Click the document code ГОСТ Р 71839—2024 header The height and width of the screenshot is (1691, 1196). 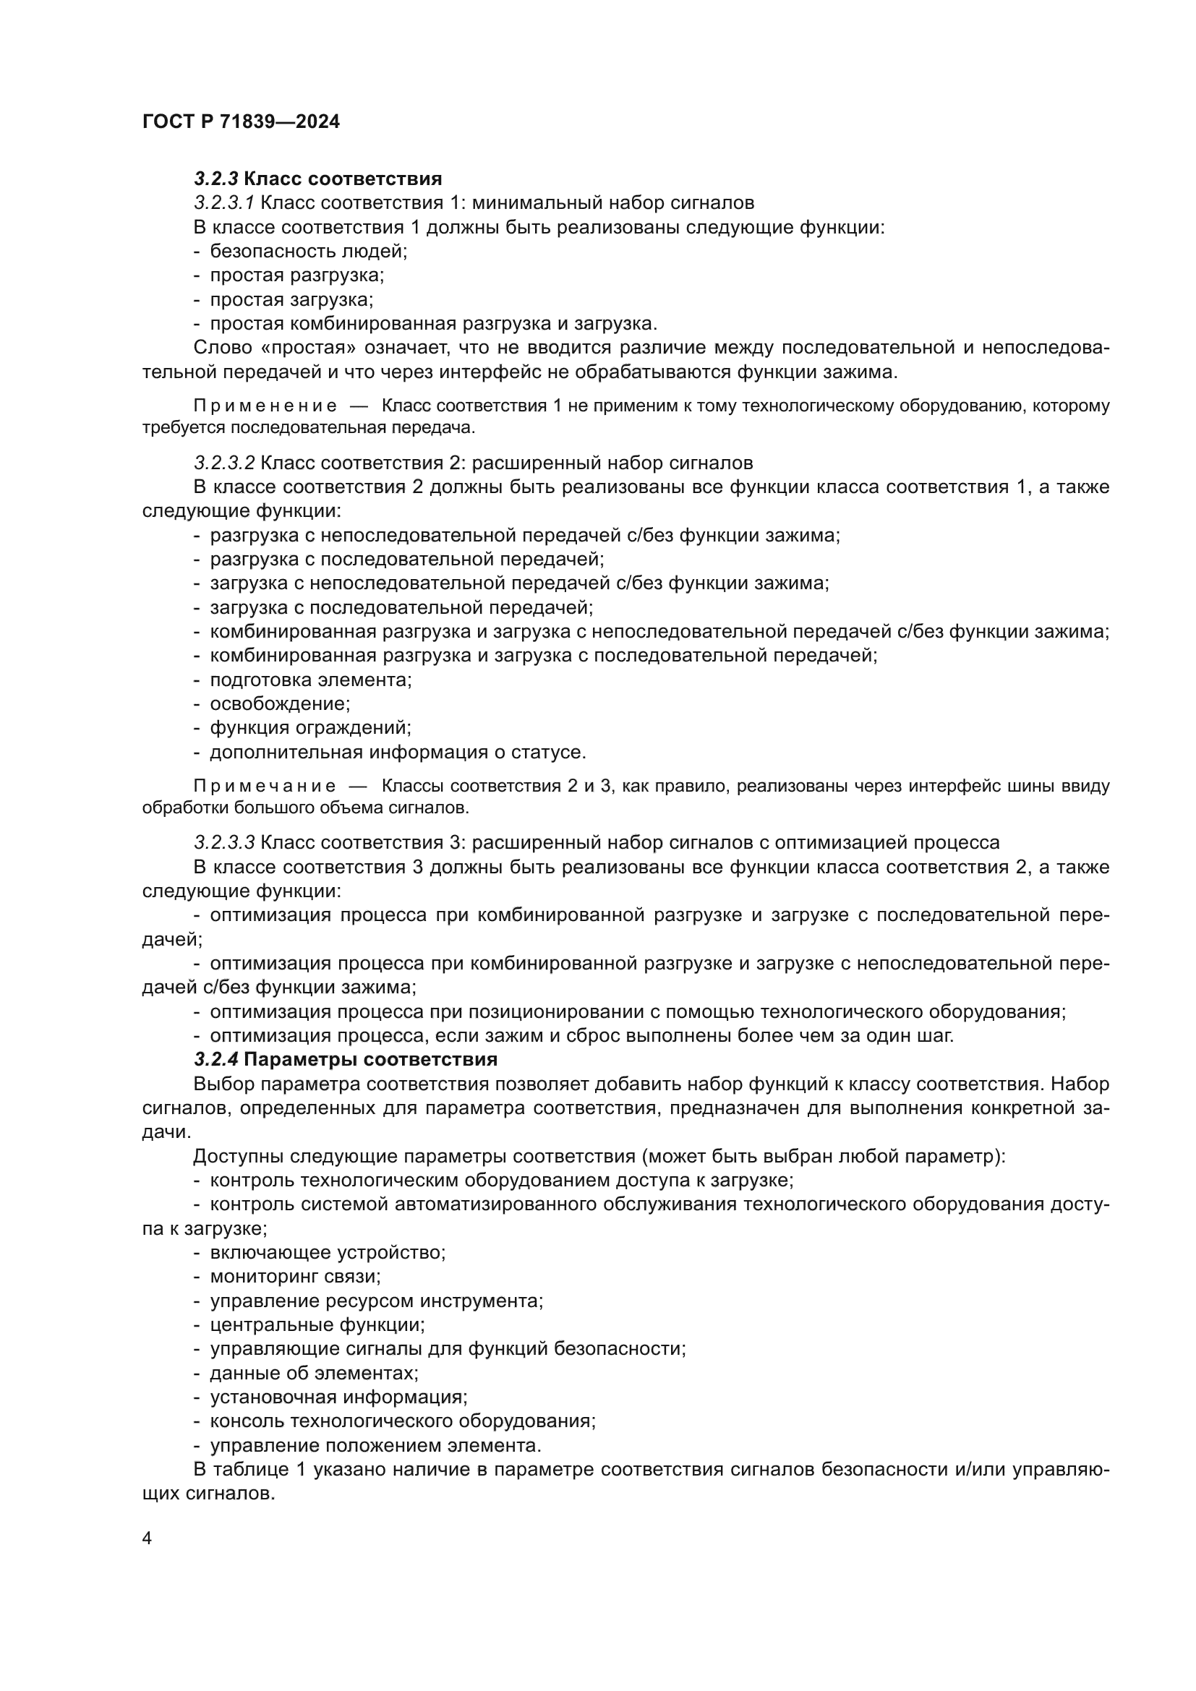click(x=241, y=122)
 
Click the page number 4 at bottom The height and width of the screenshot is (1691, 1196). click(x=148, y=1538)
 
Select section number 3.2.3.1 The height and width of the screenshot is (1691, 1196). click(x=224, y=202)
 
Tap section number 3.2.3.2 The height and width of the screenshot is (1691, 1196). click(x=224, y=463)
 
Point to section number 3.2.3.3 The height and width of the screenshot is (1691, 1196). click(x=224, y=842)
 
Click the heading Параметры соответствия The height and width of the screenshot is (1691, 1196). click(x=370, y=1059)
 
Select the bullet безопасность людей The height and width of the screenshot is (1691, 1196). click(x=308, y=251)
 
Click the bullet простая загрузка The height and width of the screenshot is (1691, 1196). click(x=291, y=300)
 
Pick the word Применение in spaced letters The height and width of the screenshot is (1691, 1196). click(x=265, y=406)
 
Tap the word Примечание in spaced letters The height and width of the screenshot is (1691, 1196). click(x=265, y=786)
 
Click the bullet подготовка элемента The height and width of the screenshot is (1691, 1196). click(x=311, y=679)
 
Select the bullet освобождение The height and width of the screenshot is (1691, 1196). click(x=280, y=703)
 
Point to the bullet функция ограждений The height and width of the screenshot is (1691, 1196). click(x=310, y=728)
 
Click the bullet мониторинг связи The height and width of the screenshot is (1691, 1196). click(x=295, y=1275)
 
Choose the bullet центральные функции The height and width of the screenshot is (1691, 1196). click(x=317, y=1324)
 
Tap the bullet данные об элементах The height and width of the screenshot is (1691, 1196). click(x=314, y=1373)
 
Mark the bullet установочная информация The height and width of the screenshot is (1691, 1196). click(x=338, y=1397)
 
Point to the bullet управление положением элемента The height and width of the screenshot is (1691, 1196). click(x=375, y=1445)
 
